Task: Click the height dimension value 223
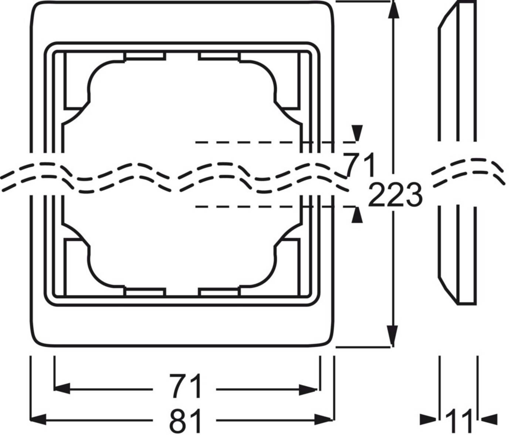(395, 195)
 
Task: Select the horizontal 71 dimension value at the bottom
(186, 386)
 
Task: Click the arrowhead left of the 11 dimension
(429, 419)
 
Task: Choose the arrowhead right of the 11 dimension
(488, 419)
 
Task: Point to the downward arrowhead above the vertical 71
(357, 132)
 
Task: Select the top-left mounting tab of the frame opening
(145, 56)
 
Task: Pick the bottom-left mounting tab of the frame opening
(145, 292)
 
